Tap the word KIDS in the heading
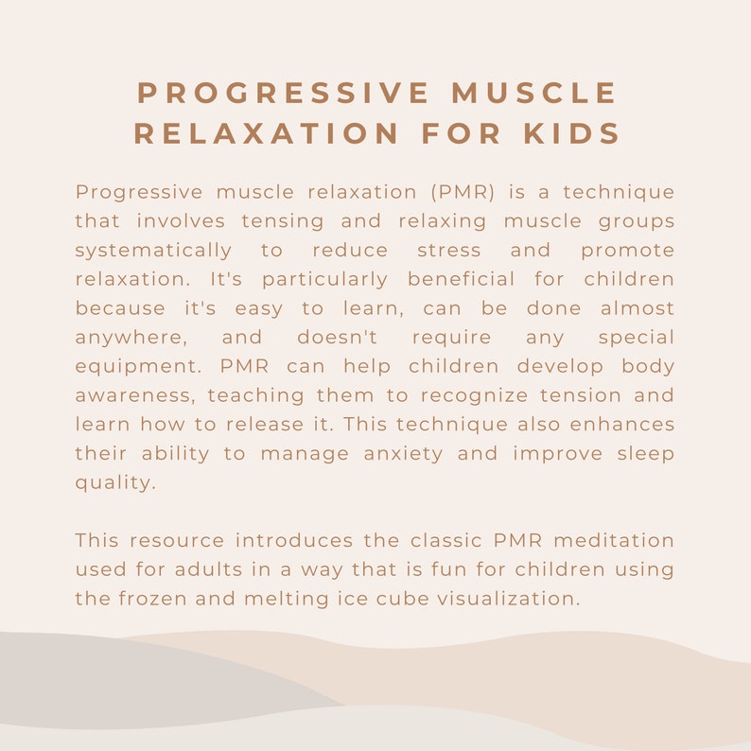(573, 134)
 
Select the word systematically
(153, 251)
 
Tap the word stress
(448, 251)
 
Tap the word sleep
(643, 454)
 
